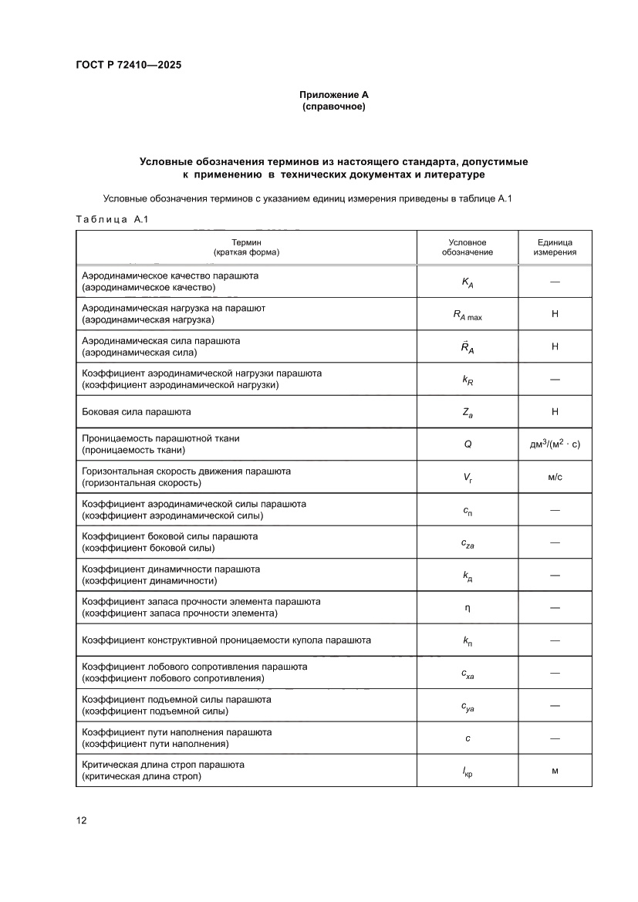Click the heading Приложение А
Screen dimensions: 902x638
pyautogui.click(x=334, y=94)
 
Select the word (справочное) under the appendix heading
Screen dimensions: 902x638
pyautogui.click(x=334, y=106)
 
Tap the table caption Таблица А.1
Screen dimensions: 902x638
pyautogui.click(x=111, y=220)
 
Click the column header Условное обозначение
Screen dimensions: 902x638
pyautogui.click(x=468, y=247)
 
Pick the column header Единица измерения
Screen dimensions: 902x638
pyautogui.click(x=555, y=247)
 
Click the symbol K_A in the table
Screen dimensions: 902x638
pyautogui.click(x=468, y=282)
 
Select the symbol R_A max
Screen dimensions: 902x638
pyautogui.click(x=468, y=315)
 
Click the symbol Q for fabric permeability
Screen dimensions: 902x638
pyautogui.click(x=468, y=444)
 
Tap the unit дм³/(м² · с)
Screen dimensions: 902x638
pyautogui.click(x=555, y=444)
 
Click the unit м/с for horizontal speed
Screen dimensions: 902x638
pyautogui.click(x=555, y=478)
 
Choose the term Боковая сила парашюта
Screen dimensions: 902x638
pyautogui.click(x=137, y=412)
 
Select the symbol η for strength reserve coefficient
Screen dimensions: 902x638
pyautogui.click(x=468, y=607)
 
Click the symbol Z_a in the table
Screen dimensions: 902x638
pyautogui.click(x=468, y=413)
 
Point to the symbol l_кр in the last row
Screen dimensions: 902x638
pyautogui.click(x=468, y=771)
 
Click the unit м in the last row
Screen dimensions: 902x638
pyautogui.click(x=555, y=770)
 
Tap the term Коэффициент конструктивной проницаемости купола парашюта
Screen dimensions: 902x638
pyautogui.click(x=227, y=640)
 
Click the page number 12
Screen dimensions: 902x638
pyautogui.click(x=81, y=820)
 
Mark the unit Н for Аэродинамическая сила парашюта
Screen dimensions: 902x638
pyautogui.click(x=555, y=347)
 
